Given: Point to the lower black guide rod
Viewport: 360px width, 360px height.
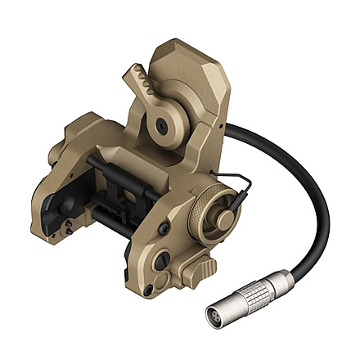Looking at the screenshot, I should [x=115, y=217].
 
